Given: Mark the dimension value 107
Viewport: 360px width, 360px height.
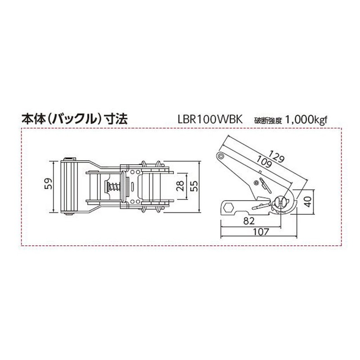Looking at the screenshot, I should (259, 232).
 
